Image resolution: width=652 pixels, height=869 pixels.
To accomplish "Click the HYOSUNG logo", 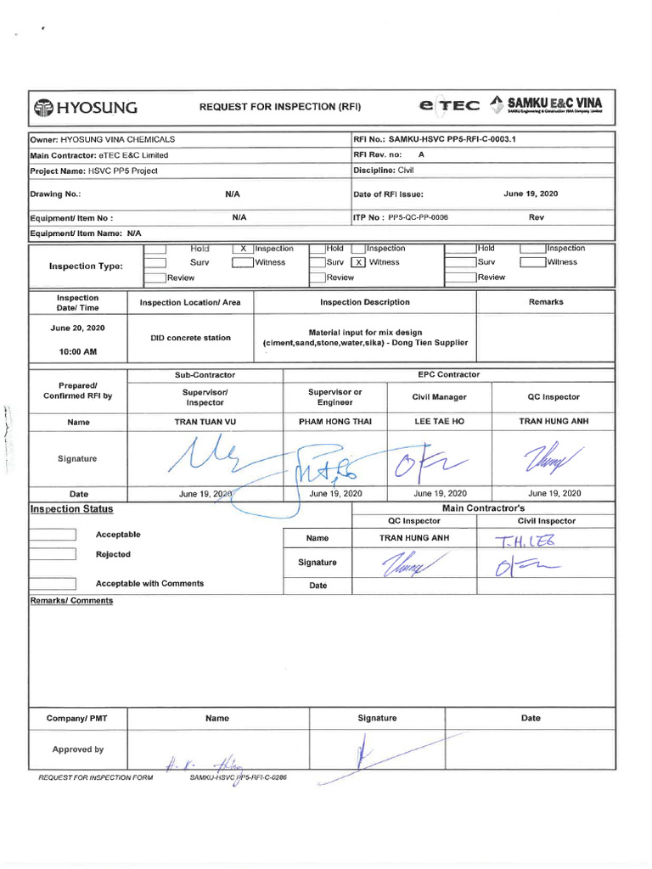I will pos(85,107).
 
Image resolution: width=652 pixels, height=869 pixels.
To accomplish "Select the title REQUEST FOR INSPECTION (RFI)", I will pos(280,107).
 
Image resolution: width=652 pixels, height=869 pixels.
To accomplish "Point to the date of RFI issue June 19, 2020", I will pos(531,194).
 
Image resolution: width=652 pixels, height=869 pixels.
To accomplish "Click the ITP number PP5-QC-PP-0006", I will pos(418,218).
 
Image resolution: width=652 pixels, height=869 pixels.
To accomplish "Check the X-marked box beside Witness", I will pos(359,262).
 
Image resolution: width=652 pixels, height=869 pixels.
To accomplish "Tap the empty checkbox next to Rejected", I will pos(53,555).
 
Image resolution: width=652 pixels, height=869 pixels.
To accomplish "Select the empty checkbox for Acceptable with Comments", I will pos(53,584).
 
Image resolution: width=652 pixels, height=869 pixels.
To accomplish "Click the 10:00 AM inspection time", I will pos(78,351).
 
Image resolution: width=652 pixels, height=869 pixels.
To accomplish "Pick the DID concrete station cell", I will pos(190,338).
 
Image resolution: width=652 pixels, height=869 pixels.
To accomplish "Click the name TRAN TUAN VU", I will pos(205,422).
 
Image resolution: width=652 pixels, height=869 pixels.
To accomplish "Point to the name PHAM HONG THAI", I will pos(334,422).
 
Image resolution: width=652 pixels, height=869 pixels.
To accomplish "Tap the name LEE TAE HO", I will pos(440,422).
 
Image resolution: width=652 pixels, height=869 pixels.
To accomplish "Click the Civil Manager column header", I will pos(439,396).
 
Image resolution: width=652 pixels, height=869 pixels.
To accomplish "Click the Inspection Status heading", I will pos(71,509).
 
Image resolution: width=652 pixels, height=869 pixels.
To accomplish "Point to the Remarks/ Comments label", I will pos(71,601).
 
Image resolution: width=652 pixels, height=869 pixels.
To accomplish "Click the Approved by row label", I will pos(78,749).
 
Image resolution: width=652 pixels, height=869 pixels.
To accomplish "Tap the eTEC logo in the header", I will pos(449,106).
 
